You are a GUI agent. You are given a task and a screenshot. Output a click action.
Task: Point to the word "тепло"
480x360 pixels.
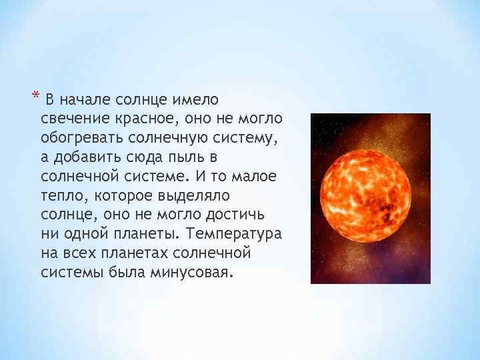pos(61,197)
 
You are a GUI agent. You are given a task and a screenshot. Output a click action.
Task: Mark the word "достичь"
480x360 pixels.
pos(237,217)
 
